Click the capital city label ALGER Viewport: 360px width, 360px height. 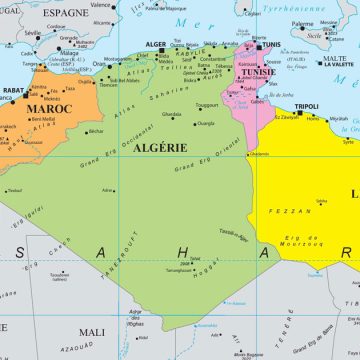(x=155, y=45)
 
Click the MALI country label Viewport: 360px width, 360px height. (x=91, y=331)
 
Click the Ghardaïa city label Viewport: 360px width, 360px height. (x=172, y=114)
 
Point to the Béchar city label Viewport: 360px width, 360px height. (x=95, y=131)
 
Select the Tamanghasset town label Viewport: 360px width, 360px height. (x=180, y=270)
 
